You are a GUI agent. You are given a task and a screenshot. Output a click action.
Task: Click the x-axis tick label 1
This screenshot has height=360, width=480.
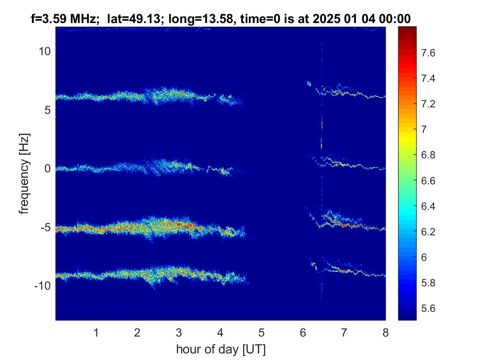click(96, 332)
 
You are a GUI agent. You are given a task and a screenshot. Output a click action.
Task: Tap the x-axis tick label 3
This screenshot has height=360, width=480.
click(179, 332)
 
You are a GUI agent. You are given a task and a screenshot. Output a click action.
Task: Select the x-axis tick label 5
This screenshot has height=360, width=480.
click(262, 332)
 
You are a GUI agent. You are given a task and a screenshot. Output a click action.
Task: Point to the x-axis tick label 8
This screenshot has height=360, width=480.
click(385, 332)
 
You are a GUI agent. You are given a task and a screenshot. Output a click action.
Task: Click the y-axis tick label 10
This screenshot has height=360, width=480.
click(44, 51)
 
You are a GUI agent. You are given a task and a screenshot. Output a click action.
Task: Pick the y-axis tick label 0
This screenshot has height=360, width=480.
click(47, 168)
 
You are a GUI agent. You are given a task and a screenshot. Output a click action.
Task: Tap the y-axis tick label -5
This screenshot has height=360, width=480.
click(45, 227)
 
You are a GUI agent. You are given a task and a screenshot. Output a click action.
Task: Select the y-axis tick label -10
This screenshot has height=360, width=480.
click(42, 286)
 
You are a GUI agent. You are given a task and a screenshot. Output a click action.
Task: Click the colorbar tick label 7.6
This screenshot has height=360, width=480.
click(428, 53)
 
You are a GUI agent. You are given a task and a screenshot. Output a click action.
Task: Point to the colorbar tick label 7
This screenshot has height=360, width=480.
click(424, 129)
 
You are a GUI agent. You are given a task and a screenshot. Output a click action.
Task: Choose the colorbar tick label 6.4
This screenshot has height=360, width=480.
click(428, 206)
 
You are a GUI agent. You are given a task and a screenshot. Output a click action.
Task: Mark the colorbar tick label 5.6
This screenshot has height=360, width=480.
click(428, 308)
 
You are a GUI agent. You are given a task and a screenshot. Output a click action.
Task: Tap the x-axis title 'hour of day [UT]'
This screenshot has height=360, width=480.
click(221, 349)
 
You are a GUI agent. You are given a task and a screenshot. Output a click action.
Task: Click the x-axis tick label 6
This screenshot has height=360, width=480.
click(303, 332)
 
